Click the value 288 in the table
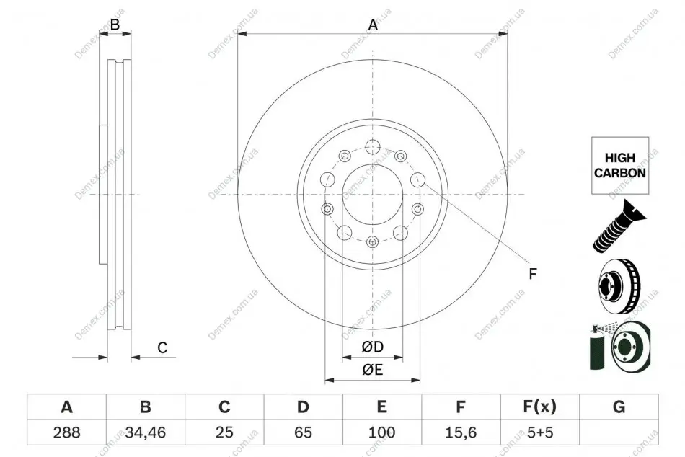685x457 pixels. click(x=66, y=432)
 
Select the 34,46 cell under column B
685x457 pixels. click(x=146, y=432)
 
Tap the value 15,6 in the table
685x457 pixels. click(x=461, y=432)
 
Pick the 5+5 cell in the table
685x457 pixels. click(x=540, y=432)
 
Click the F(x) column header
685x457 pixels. click(x=540, y=407)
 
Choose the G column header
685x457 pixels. click(x=619, y=407)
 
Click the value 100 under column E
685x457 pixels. click(x=382, y=432)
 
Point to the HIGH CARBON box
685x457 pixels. click(x=620, y=165)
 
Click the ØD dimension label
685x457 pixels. click(x=373, y=347)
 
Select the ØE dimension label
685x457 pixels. click(x=373, y=370)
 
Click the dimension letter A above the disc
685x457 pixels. click(x=373, y=25)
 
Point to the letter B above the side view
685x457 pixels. click(x=115, y=25)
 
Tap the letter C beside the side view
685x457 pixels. click(x=162, y=347)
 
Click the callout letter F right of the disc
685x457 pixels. click(x=533, y=274)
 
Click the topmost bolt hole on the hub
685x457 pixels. click(x=373, y=146)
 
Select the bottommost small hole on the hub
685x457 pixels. click(x=372, y=241)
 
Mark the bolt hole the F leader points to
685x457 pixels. click(x=417, y=179)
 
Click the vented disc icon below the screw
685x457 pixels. click(x=620, y=287)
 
